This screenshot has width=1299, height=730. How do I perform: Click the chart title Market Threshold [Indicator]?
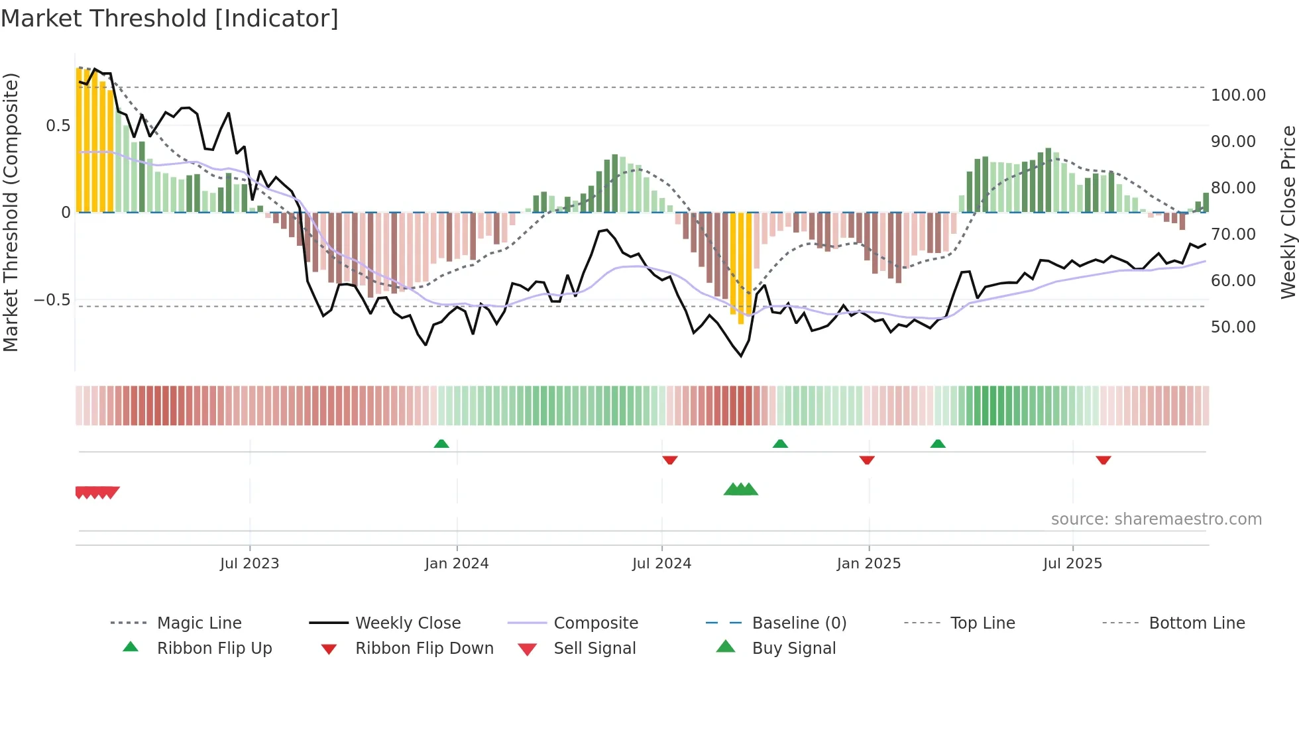170,19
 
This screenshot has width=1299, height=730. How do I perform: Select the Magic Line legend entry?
199,623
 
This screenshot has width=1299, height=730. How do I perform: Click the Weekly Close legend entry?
408,623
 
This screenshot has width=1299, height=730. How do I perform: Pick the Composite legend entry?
595,623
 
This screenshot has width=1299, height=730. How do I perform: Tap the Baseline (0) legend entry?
799,623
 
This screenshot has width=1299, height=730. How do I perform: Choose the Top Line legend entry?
982,623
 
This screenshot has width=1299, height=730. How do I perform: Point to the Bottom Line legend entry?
1196,623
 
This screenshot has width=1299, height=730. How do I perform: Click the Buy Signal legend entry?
793,649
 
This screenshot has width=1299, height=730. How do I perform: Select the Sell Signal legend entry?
594,649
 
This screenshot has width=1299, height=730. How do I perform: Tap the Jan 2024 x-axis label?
457,564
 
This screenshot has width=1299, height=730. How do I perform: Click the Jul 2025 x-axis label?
1072,564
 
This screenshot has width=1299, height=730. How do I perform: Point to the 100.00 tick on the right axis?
1238,95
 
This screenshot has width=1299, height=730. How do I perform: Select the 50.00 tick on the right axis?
1233,327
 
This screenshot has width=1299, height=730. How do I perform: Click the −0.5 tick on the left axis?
52,300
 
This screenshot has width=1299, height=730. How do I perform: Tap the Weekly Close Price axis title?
1288,212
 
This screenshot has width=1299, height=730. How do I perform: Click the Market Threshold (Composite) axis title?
11,212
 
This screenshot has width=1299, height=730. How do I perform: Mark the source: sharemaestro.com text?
1156,519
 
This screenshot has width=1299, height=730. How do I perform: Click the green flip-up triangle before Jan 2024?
441,444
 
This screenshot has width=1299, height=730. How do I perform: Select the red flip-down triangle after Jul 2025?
1103,460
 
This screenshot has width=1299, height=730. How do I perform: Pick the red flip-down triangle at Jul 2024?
670,460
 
